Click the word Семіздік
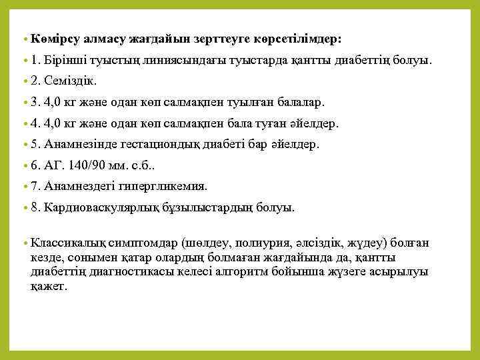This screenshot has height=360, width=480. [71, 81]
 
